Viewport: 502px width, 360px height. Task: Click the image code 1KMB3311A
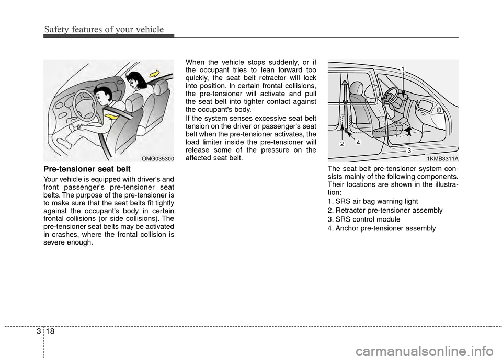click(442, 158)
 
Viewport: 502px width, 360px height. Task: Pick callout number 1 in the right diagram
click(403, 69)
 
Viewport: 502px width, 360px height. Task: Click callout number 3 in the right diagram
click(409, 150)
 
